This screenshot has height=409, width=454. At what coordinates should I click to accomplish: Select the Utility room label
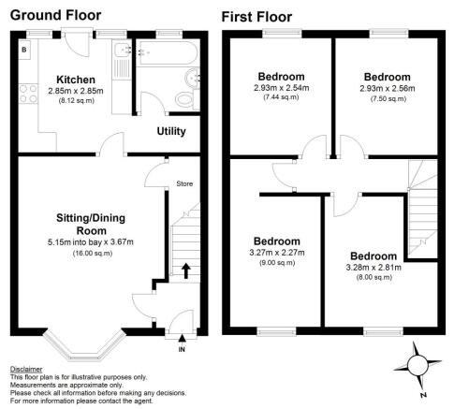(x=170, y=131)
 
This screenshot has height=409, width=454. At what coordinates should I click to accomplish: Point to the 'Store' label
(x=184, y=184)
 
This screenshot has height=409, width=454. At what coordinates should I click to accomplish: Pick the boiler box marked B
(x=24, y=48)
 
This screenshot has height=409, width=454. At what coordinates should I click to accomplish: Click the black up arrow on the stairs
(x=185, y=271)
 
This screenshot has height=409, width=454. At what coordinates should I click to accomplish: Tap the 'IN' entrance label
(x=181, y=349)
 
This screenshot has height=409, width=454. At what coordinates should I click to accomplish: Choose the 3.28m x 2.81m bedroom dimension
(x=373, y=267)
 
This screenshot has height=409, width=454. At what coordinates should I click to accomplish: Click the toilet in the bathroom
(x=183, y=98)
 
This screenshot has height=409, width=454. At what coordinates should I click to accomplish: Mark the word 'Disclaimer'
(x=27, y=370)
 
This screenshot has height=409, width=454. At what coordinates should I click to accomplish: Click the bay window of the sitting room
(x=85, y=345)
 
